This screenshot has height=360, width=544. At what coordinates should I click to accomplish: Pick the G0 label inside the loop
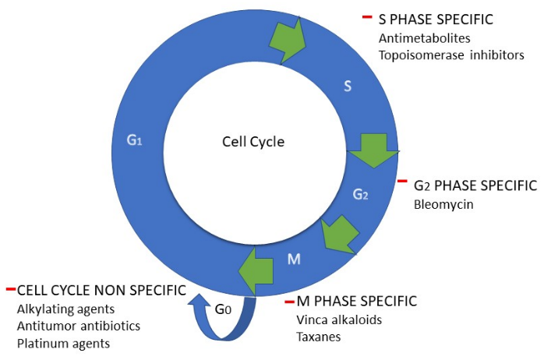(223, 310)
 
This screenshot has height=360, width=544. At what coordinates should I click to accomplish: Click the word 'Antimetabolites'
(418, 37)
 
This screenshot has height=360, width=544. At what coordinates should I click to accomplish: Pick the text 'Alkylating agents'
(61, 309)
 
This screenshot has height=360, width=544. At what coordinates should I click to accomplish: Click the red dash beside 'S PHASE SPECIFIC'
(366, 17)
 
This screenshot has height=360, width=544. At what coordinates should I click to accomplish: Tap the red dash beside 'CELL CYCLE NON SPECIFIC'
(10, 290)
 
